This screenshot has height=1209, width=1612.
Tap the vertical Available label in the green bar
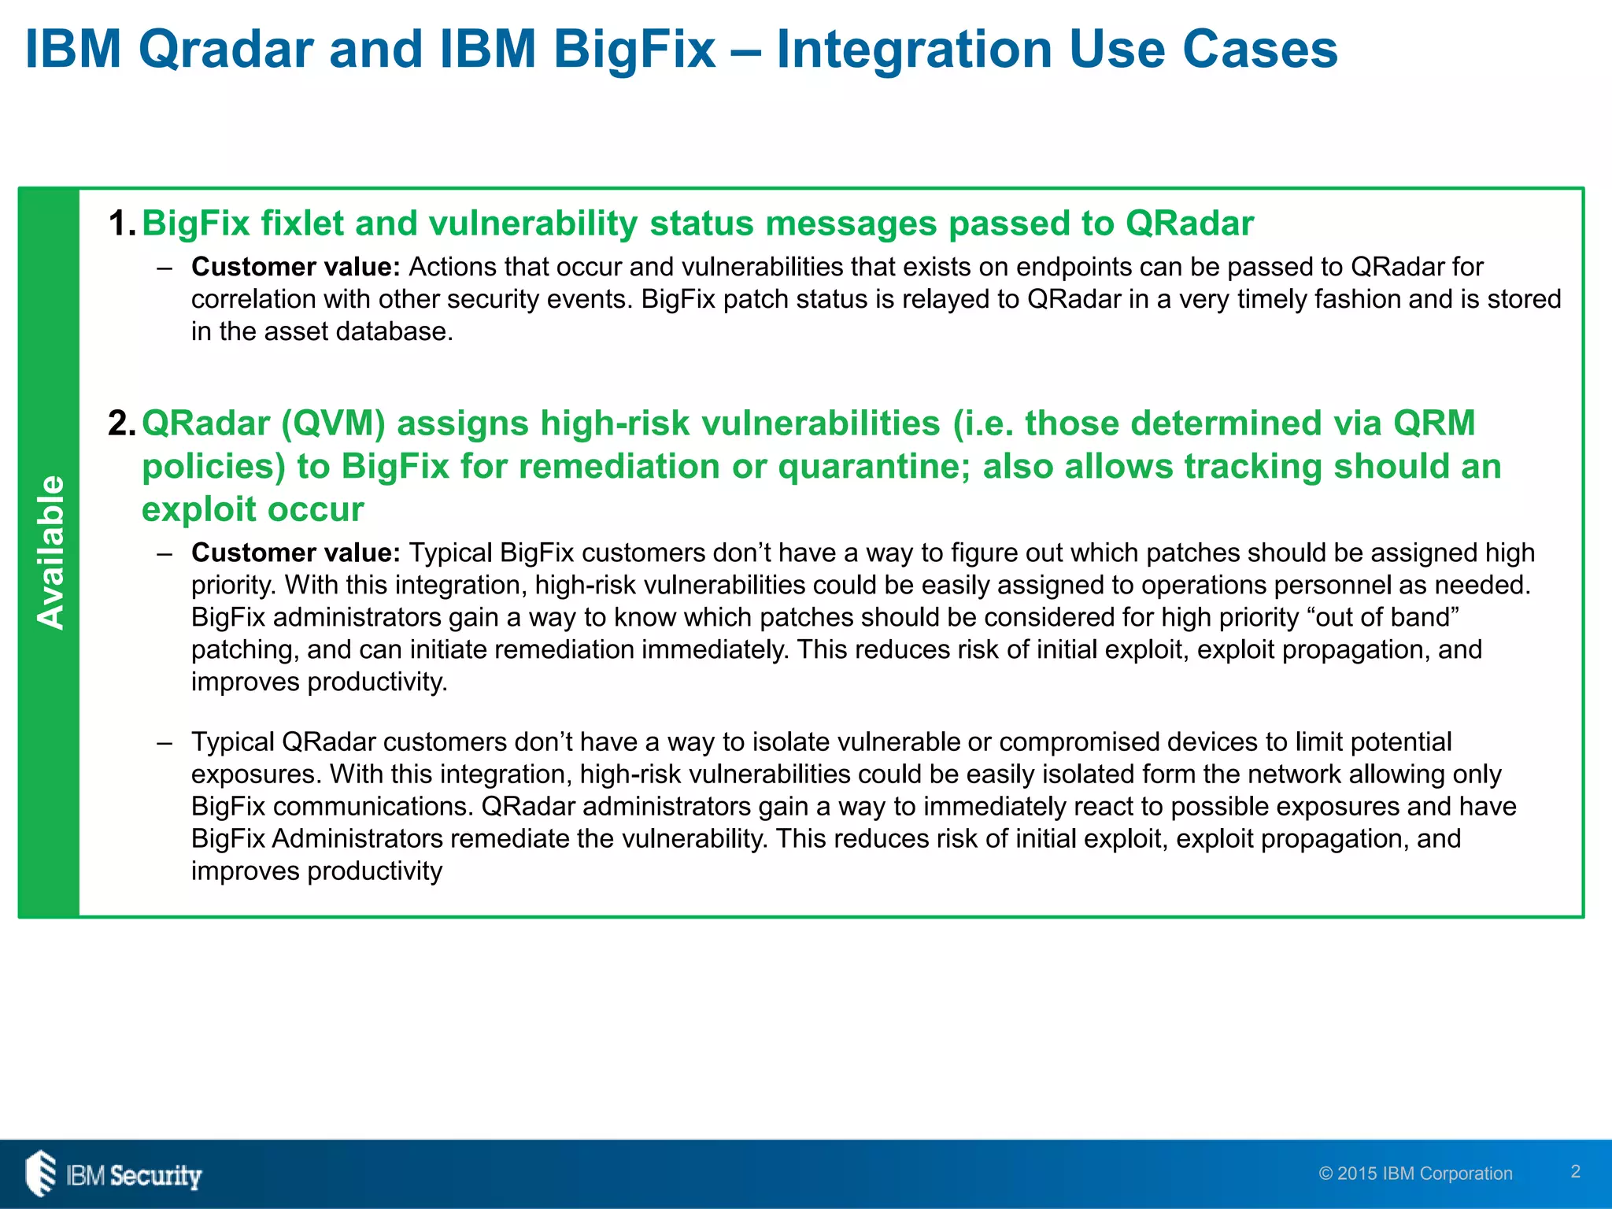(50, 552)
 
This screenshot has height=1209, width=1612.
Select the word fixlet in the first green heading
(302, 224)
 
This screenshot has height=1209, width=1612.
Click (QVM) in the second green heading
(333, 423)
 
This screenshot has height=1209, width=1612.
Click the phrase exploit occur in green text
(253, 509)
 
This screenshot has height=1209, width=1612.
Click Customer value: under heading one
(296, 268)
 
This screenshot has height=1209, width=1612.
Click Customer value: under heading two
(296, 553)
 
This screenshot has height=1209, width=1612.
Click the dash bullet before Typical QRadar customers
(164, 742)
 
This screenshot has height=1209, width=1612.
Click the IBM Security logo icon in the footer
(40, 1174)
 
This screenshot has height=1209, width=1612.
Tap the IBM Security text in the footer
(134, 1175)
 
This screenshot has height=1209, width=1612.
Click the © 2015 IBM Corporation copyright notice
(1415, 1174)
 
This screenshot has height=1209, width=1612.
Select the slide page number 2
(1575, 1171)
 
